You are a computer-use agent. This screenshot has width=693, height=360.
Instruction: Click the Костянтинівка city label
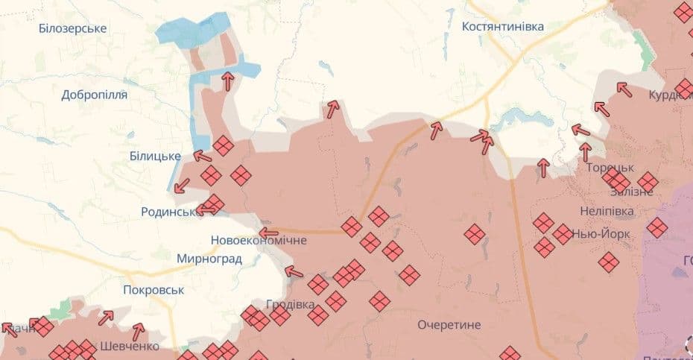click(x=503, y=27)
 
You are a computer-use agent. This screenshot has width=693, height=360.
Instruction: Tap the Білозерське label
click(x=73, y=28)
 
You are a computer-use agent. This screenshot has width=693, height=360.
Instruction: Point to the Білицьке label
click(x=155, y=156)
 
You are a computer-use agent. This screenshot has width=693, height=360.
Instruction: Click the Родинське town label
click(x=168, y=212)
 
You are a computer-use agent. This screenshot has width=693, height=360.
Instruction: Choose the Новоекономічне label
click(x=259, y=241)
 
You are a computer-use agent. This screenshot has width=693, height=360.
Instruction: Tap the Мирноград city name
click(x=209, y=259)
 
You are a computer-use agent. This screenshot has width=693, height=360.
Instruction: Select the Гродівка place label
click(x=290, y=304)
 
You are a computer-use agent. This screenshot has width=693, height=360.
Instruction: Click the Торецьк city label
click(x=610, y=168)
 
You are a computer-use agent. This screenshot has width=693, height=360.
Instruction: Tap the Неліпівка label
click(x=607, y=211)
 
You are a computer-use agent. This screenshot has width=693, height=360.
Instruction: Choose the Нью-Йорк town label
click(x=601, y=234)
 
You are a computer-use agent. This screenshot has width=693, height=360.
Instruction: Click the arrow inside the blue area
click(x=227, y=80)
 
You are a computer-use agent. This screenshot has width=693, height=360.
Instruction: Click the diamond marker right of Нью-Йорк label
click(x=656, y=227)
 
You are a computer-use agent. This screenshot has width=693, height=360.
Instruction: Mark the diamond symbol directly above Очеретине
click(x=409, y=275)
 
